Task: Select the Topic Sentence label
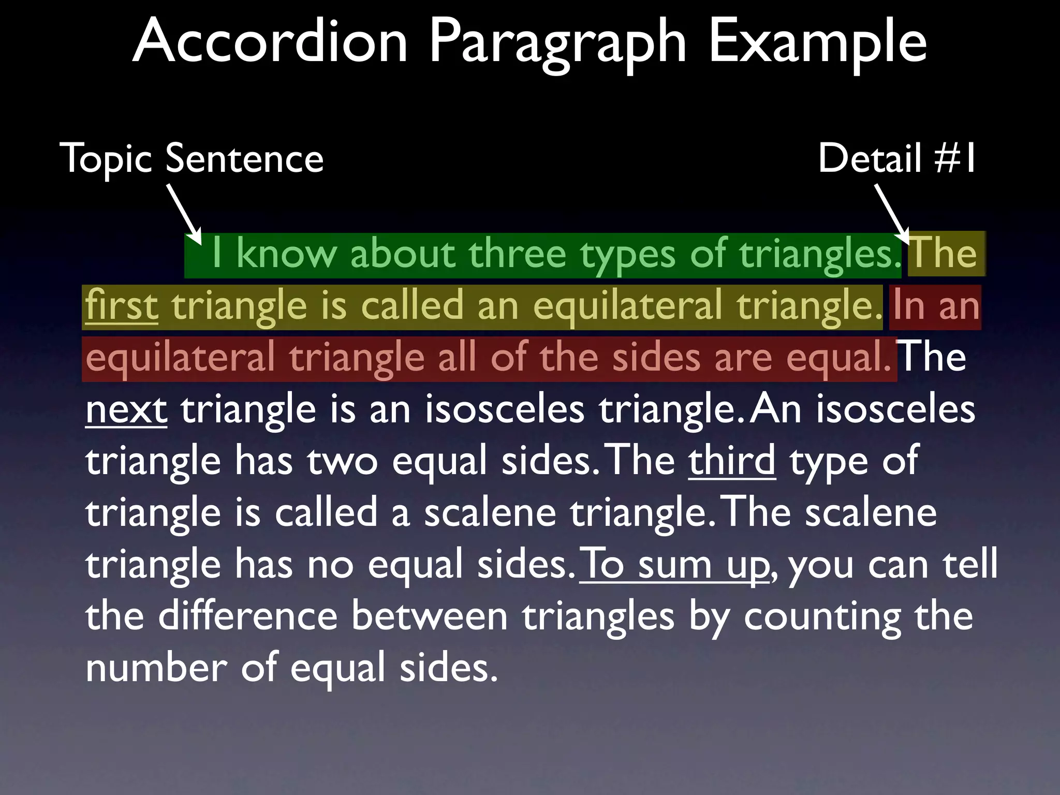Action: point(192,158)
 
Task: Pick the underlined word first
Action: point(122,305)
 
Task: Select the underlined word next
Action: point(126,409)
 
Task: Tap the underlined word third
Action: point(732,460)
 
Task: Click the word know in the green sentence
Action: point(286,254)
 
